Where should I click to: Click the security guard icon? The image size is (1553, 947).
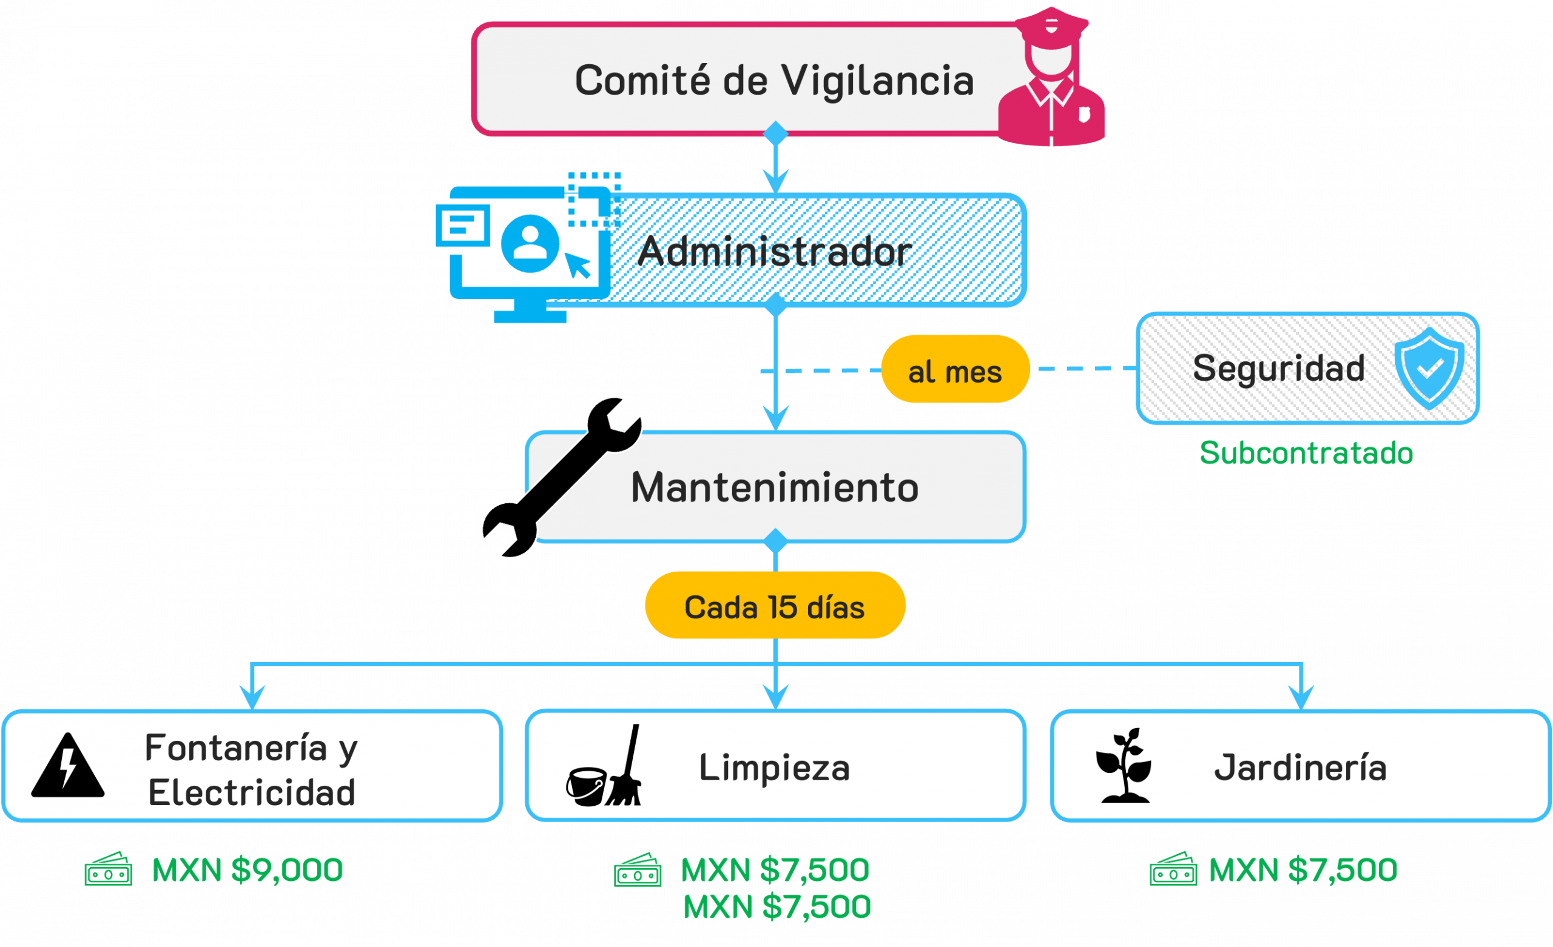[1051, 79]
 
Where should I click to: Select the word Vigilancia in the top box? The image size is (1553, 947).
[877, 81]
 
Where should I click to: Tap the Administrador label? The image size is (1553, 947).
[774, 252]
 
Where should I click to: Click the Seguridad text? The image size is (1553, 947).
[1279, 369]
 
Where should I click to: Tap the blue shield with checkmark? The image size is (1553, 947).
[1429, 369]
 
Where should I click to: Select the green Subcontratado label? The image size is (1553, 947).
[1306, 453]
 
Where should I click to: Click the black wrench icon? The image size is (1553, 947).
[561, 478]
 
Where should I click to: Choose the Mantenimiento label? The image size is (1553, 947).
[775, 487]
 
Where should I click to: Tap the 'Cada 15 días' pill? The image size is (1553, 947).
[775, 606]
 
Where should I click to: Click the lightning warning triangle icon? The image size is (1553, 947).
[68, 766]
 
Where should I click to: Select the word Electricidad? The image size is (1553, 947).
[252, 792]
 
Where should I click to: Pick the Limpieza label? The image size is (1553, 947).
[774, 768]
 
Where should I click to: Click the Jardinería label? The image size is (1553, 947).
[1299, 768]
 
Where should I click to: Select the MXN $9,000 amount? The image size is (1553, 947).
[247, 870]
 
